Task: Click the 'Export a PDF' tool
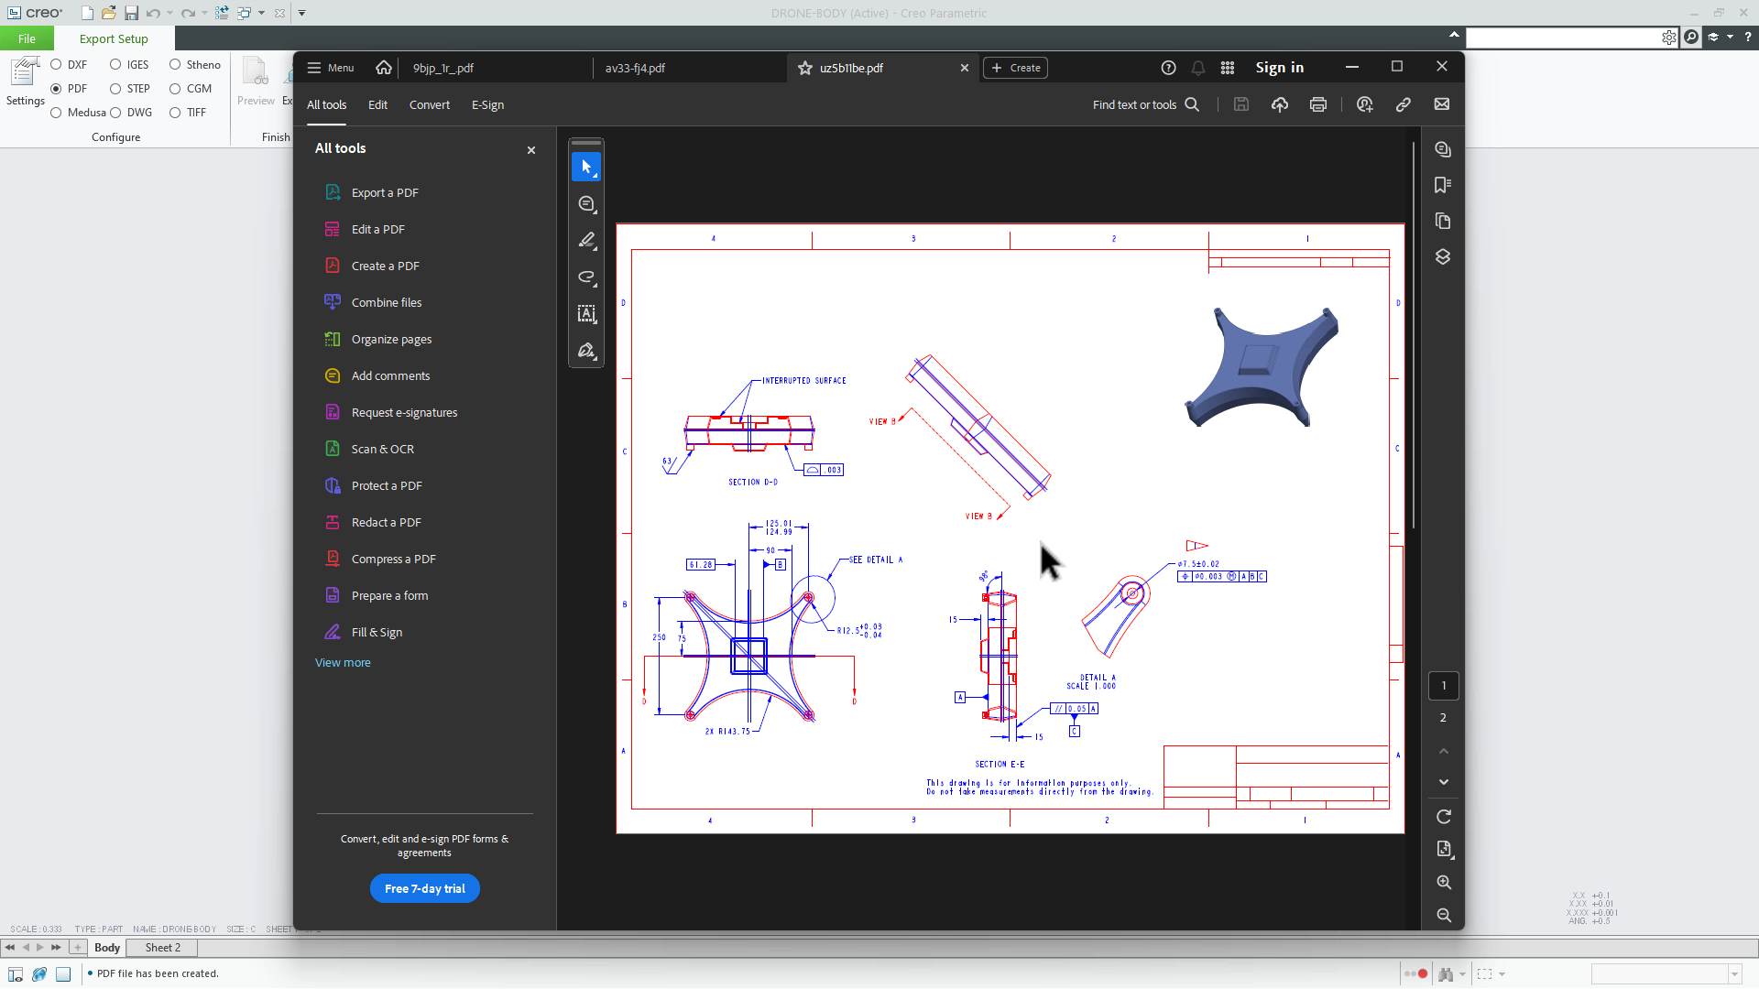pyautogui.click(x=385, y=193)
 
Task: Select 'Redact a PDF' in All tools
pyautogui.click(x=386, y=523)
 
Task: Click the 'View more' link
pyautogui.click(x=343, y=663)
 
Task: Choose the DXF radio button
pyautogui.click(x=57, y=65)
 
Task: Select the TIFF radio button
pyautogui.click(x=175, y=113)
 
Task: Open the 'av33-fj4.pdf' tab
pyautogui.click(x=635, y=69)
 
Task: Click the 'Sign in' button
pyautogui.click(x=1279, y=68)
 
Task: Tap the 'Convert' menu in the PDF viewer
pyautogui.click(x=429, y=105)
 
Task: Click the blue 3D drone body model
pyautogui.click(x=1262, y=366)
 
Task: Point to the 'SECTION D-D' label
pyautogui.click(x=752, y=483)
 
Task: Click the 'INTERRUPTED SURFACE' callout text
pyautogui.click(x=803, y=381)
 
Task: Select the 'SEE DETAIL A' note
pyautogui.click(x=875, y=560)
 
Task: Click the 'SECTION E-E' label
pyautogui.click(x=1000, y=765)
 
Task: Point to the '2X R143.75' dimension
pyautogui.click(x=727, y=732)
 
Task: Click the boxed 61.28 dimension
pyautogui.click(x=701, y=565)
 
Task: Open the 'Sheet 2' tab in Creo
pyautogui.click(x=162, y=948)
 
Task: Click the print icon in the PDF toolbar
pyautogui.click(x=1317, y=105)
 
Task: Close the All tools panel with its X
pyautogui.click(x=531, y=150)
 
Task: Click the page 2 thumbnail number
pyautogui.click(x=1443, y=718)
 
